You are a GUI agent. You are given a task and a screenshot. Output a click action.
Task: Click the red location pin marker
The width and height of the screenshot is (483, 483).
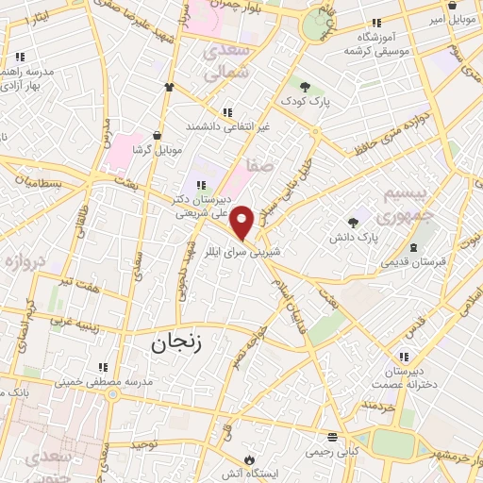tap(242, 223)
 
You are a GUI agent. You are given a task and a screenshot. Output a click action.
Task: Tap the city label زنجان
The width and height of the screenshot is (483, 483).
tap(176, 344)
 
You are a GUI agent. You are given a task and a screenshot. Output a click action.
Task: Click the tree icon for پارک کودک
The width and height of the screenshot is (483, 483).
tap(304, 88)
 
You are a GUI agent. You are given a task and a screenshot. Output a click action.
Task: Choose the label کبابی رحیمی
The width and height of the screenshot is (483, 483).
tap(331, 452)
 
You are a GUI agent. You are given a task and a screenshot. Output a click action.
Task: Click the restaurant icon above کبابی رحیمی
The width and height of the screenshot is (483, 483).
tap(331, 439)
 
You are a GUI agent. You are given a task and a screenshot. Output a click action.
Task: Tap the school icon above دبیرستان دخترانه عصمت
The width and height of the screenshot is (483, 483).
tap(405, 357)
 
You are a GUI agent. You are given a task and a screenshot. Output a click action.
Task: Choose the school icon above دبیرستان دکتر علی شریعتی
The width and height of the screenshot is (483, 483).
tap(199, 185)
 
